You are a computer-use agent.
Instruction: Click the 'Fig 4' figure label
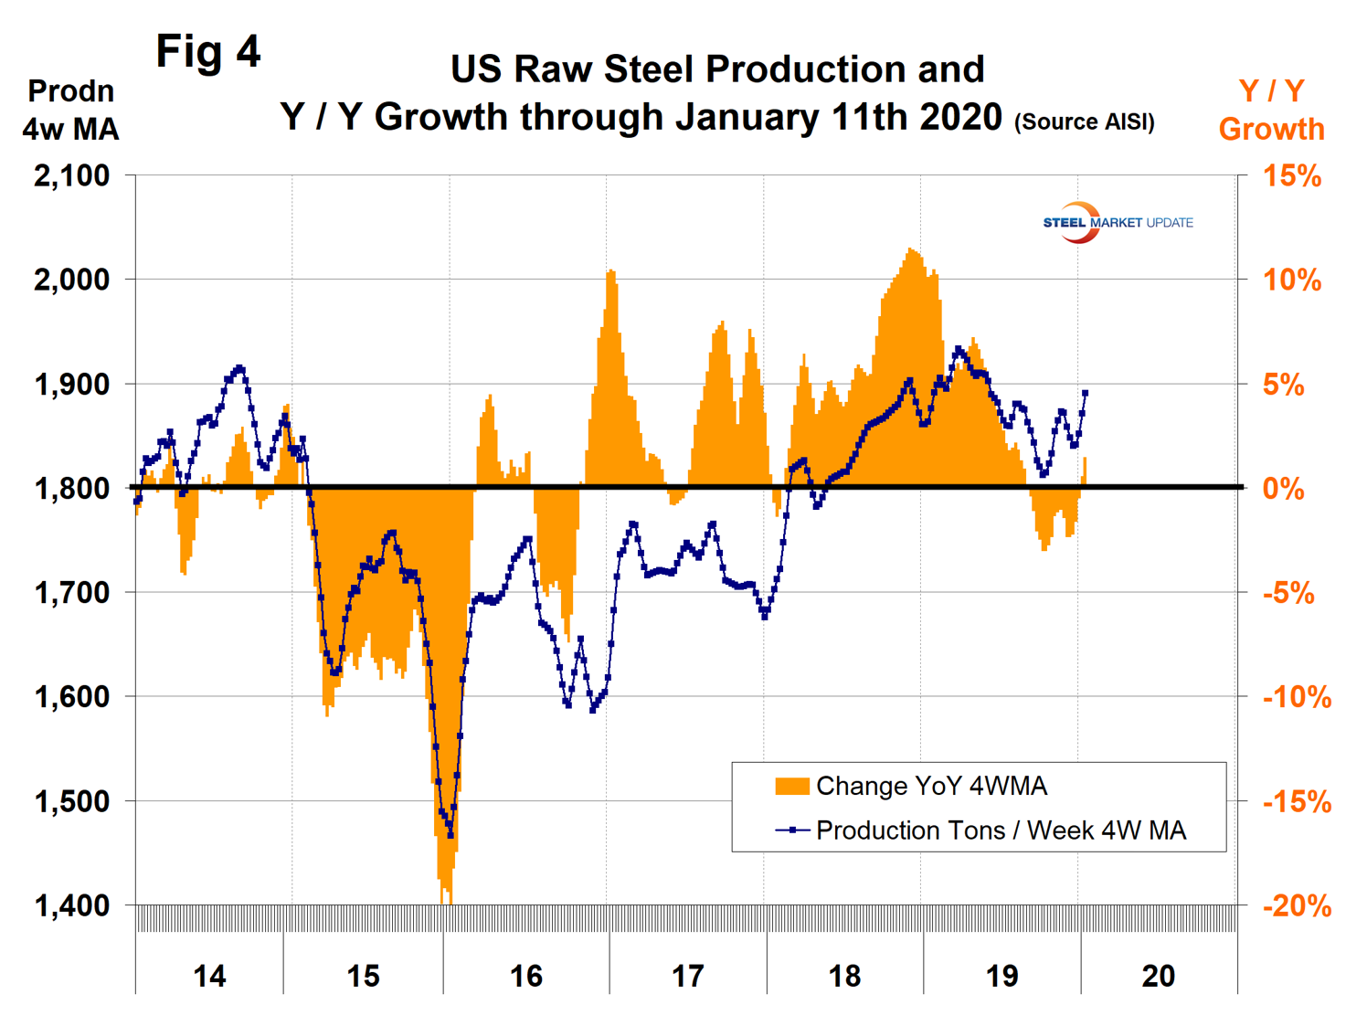pyautogui.click(x=208, y=51)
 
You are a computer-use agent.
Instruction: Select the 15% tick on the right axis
pyautogui.click(x=1291, y=175)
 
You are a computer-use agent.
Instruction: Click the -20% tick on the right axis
pyautogui.click(x=1296, y=905)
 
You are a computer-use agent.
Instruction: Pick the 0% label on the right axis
pyautogui.click(x=1283, y=489)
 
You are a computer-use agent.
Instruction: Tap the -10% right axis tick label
pyautogui.click(x=1296, y=697)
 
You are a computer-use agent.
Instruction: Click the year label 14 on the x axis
pyautogui.click(x=209, y=976)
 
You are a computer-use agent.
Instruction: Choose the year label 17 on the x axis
pyautogui.click(x=687, y=976)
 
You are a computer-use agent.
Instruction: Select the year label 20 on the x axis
pyautogui.click(x=1158, y=976)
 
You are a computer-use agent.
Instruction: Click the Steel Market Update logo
pyautogui.click(x=1117, y=222)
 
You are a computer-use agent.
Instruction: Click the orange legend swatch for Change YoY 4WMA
pyautogui.click(x=791, y=786)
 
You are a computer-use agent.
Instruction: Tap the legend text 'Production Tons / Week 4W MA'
pyautogui.click(x=1001, y=830)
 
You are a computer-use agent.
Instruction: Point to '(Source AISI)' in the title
pyautogui.click(x=1084, y=122)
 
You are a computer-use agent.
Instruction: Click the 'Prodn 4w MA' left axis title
pyautogui.click(x=70, y=110)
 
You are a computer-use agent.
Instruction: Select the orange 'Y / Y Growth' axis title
pyautogui.click(x=1271, y=110)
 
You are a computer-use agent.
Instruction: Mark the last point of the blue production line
pyautogui.click(x=1085, y=393)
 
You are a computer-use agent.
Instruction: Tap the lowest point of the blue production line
pyautogui.click(x=450, y=833)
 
